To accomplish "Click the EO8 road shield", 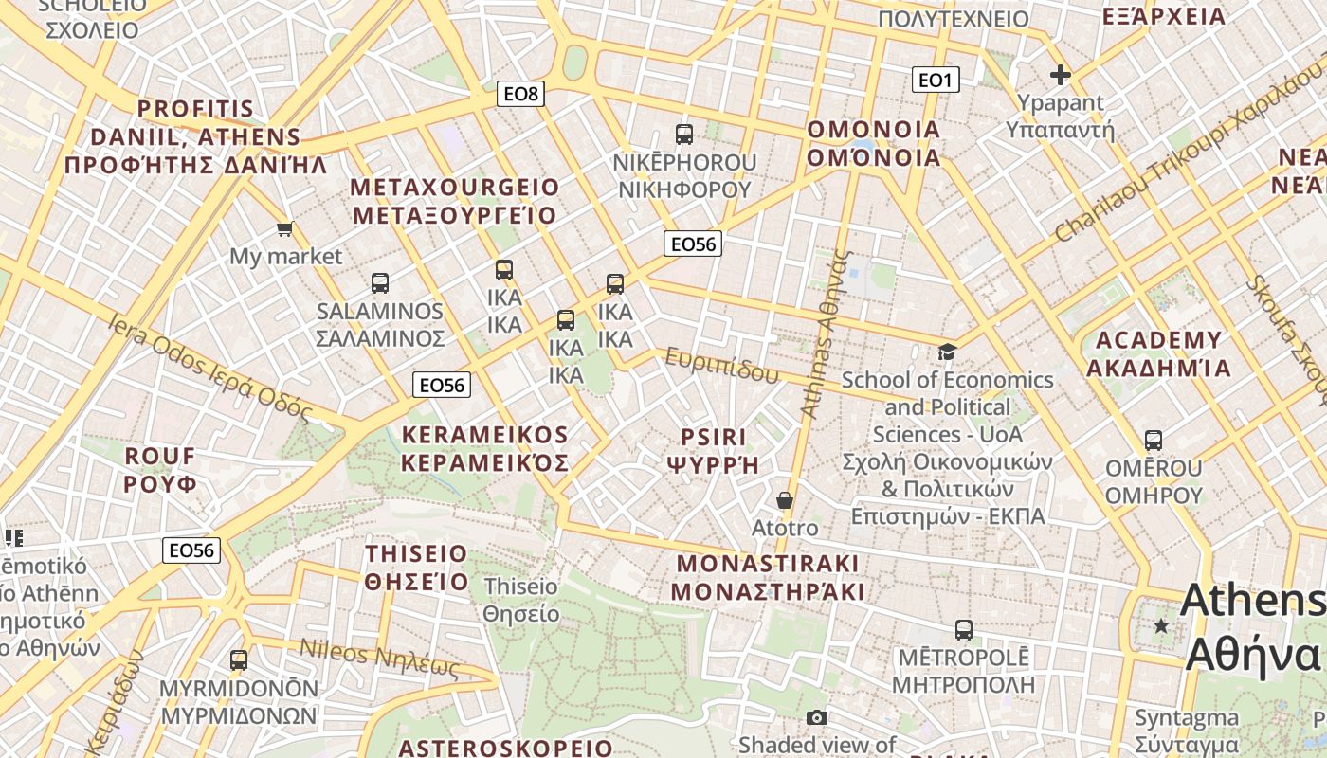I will pos(520,93).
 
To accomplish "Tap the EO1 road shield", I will pos(936,80).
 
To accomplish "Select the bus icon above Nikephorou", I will pos(684,134).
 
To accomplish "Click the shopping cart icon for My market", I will pos(284,228).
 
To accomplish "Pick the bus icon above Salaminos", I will pos(380,282).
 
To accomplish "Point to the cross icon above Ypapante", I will pos(1060,75).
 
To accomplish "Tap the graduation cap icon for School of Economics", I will pos(947,352).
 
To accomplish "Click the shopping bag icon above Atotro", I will pos(785,499).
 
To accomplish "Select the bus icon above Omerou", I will pos(1154,440).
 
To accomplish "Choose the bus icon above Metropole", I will pos(964,629).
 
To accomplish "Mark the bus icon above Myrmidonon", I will pos(239,659).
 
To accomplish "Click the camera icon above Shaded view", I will pos(817,717).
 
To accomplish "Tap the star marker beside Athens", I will pos(1161,625).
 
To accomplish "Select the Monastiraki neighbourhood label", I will pos(768,578).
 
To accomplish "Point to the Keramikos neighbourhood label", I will pos(485,449).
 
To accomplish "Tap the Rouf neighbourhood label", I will pos(160,470).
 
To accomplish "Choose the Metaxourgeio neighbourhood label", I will pos(455,201).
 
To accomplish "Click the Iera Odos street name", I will pos(210,368).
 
